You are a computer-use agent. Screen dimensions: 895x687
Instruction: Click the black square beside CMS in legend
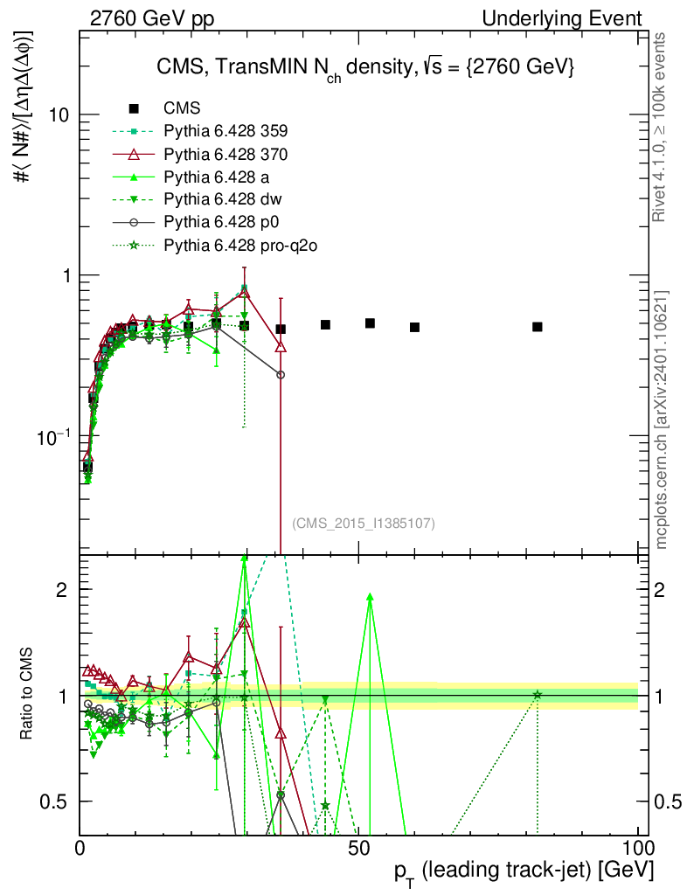pos(134,108)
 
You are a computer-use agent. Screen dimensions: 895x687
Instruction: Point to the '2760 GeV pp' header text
pos(153,18)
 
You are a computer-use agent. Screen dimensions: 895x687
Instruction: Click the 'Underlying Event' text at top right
pos(578,18)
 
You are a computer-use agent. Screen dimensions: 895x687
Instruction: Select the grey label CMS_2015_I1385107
pos(364,524)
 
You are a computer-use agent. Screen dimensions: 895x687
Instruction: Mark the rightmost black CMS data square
pos(538,327)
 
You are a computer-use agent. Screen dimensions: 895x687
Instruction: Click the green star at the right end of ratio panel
pos(538,695)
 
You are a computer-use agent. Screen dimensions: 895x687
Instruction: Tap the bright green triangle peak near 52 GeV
pos(371,597)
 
